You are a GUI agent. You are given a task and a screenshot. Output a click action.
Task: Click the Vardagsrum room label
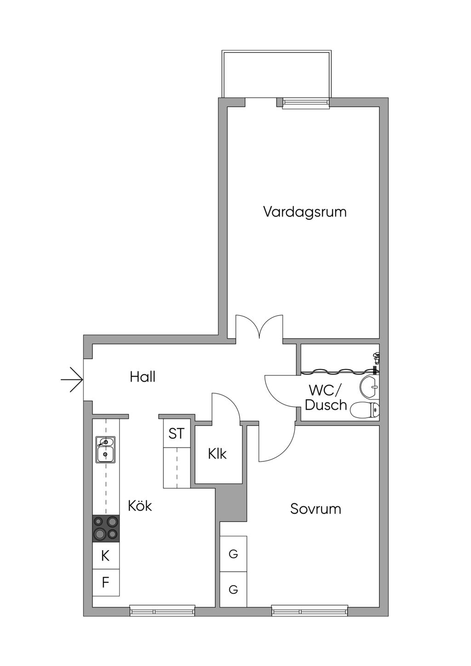coord(304,212)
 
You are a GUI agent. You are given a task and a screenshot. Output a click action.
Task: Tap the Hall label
coord(143,377)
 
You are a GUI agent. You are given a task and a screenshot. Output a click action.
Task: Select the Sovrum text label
coord(316,509)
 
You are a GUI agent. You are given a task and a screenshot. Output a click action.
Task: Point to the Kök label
coord(140,506)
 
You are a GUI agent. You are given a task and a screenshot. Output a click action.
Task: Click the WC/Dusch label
coord(326,398)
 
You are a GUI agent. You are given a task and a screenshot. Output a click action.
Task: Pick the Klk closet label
coord(217,454)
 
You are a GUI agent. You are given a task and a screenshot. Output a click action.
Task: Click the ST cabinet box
coord(176,433)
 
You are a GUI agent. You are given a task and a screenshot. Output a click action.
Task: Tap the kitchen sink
coord(105,449)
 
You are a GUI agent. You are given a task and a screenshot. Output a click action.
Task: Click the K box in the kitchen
coord(105,556)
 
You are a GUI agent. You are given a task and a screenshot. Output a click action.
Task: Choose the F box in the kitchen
coord(105,583)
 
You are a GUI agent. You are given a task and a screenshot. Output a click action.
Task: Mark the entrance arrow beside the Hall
coord(72,380)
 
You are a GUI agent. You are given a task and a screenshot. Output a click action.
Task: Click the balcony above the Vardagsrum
coord(276,74)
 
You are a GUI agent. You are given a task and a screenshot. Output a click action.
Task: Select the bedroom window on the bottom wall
coord(309,612)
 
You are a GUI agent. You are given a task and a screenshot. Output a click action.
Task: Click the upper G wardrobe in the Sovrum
coord(233,554)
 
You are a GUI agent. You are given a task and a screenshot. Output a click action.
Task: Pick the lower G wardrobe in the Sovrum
coord(233,589)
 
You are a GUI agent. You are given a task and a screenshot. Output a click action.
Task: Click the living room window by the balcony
coord(306,103)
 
